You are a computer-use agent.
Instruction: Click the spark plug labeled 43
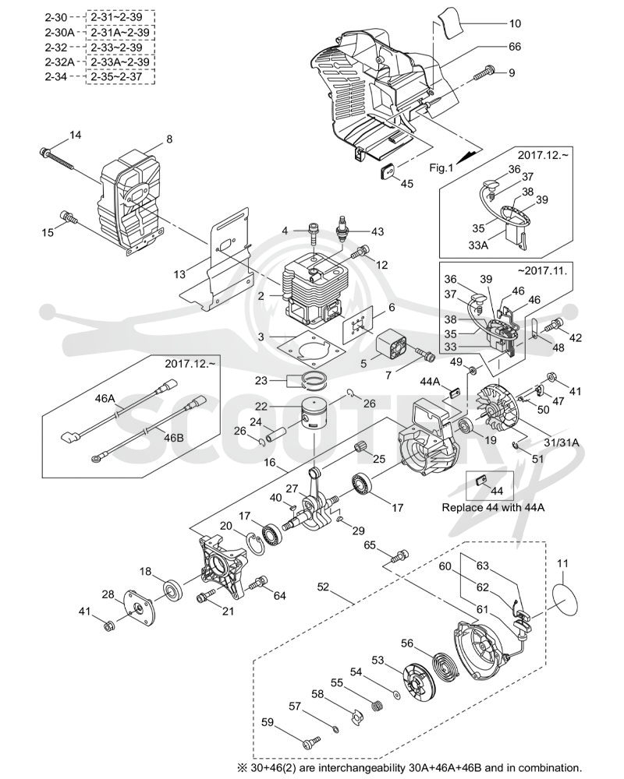click(342, 230)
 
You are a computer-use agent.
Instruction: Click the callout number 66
click(515, 46)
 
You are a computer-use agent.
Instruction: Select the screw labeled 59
click(311, 741)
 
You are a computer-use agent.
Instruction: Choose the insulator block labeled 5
click(392, 347)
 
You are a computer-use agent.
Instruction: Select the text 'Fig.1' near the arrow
click(441, 168)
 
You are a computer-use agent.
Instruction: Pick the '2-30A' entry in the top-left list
click(59, 32)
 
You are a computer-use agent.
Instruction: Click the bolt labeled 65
click(399, 556)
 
